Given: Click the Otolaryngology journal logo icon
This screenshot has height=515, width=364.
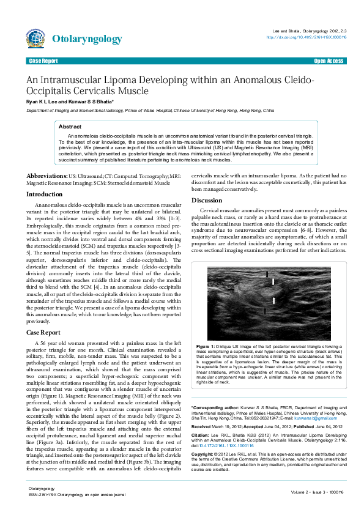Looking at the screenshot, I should (35, 39).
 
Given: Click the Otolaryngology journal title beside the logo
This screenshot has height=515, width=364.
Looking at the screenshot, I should (87, 39).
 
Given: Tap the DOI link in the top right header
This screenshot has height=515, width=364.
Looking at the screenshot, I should (306, 37).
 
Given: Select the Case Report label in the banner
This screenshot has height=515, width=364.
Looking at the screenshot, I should (43, 61).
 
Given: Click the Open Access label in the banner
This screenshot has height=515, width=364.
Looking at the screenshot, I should (329, 61).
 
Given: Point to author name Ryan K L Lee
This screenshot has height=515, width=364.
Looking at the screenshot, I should (44, 102).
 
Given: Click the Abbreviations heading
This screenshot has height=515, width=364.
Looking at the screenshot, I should (46, 176).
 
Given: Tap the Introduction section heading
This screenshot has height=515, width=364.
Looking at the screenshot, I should (44, 194).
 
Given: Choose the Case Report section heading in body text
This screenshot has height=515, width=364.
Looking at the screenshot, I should (42, 332).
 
